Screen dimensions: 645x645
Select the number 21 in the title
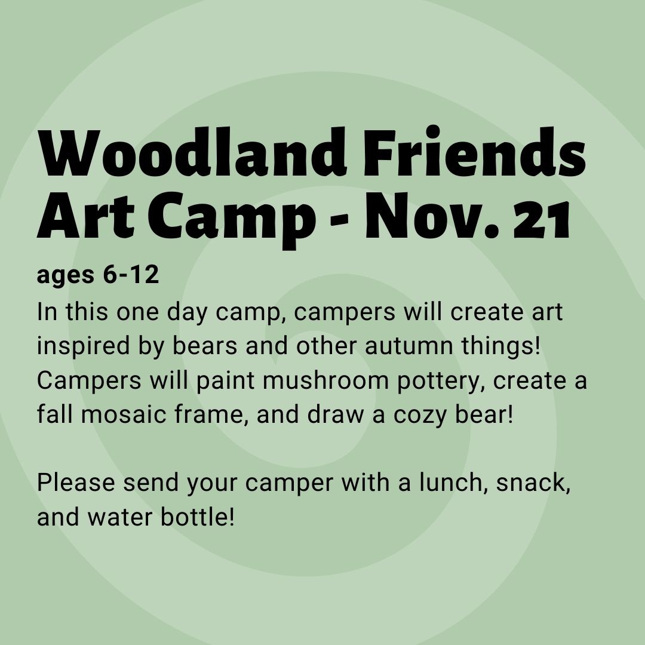(541, 219)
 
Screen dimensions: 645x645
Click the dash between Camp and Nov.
(339, 222)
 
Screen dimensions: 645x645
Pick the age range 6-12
(131, 274)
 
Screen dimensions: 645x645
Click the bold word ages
(66, 276)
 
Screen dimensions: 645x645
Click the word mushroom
(325, 380)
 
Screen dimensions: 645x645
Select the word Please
(76, 482)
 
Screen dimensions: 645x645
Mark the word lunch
(456, 482)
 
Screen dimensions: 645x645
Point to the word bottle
(197, 517)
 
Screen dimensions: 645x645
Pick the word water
(120, 517)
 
